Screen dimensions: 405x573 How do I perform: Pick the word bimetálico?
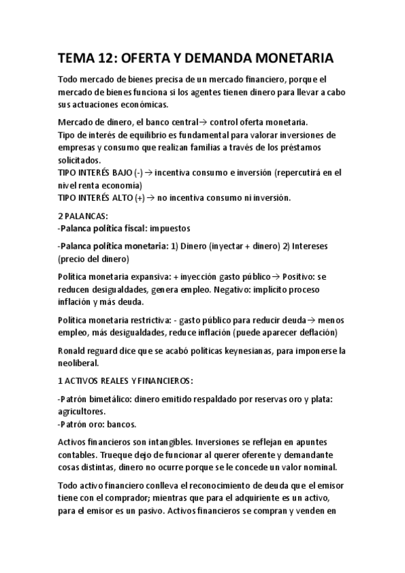(110, 399)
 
